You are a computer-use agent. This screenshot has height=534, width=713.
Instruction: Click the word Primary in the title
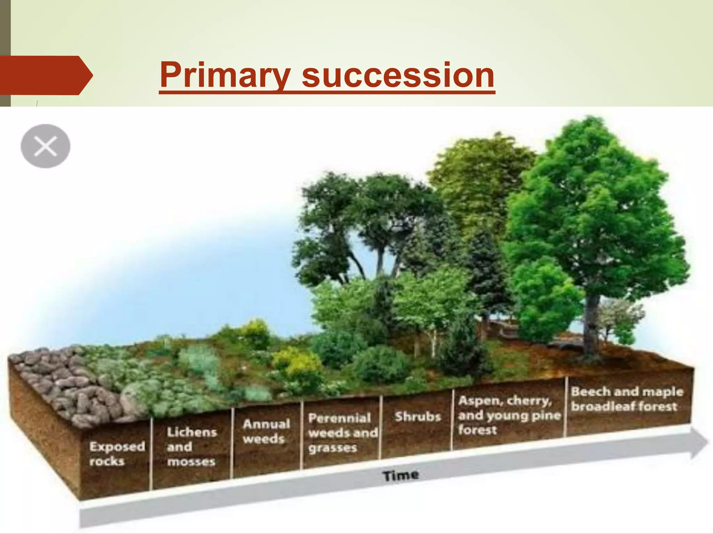click(225, 75)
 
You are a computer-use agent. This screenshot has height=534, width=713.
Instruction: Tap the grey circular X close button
click(46, 146)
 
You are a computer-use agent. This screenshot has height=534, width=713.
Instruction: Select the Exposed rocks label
click(116, 454)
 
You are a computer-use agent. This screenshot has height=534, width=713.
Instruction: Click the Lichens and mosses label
click(191, 447)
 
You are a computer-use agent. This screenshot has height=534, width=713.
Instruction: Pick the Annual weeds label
click(266, 431)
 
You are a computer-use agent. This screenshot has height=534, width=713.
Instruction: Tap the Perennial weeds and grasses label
click(342, 433)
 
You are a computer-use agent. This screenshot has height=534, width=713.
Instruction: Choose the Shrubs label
click(418, 416)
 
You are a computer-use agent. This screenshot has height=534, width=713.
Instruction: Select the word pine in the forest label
click(546, 415)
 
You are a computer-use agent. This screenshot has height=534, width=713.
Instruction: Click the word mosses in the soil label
click(191, 462)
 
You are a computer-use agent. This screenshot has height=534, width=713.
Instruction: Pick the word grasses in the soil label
click(332, 448)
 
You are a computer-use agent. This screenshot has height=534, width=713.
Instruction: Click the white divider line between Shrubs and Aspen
click(452, 421)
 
